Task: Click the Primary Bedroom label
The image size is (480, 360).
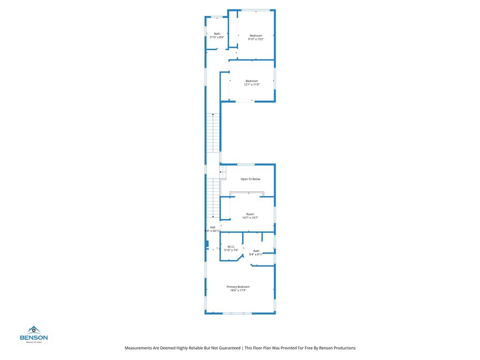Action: click(238, 287)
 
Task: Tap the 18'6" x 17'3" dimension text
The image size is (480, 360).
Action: click(238, 291)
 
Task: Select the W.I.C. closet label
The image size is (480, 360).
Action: click(231, 247)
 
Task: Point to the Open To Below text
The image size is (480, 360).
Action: click(250, 179)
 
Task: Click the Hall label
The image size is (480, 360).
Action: click(212, 227)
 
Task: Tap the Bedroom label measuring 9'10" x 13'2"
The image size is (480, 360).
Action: click(256, 36)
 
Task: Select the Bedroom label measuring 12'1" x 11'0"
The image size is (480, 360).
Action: click(252, 81)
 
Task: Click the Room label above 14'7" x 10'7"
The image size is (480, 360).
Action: click(250, 214)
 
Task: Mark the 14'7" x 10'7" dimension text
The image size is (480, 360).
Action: click(250, 218)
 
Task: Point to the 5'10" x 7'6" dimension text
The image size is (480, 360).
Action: click(231, 250)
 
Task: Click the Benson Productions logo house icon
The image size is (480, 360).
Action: click(34, 330)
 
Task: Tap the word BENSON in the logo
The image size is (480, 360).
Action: click(34, 337)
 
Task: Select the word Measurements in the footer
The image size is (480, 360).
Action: click(139, 348)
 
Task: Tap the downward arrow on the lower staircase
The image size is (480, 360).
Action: click(213, 217)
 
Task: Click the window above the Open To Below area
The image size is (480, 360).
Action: click(246, 164)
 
